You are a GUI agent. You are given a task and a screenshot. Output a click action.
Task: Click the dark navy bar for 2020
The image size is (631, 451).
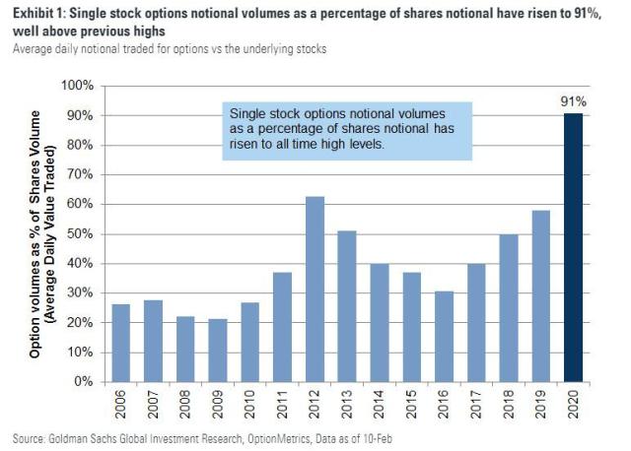coord(573,247)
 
